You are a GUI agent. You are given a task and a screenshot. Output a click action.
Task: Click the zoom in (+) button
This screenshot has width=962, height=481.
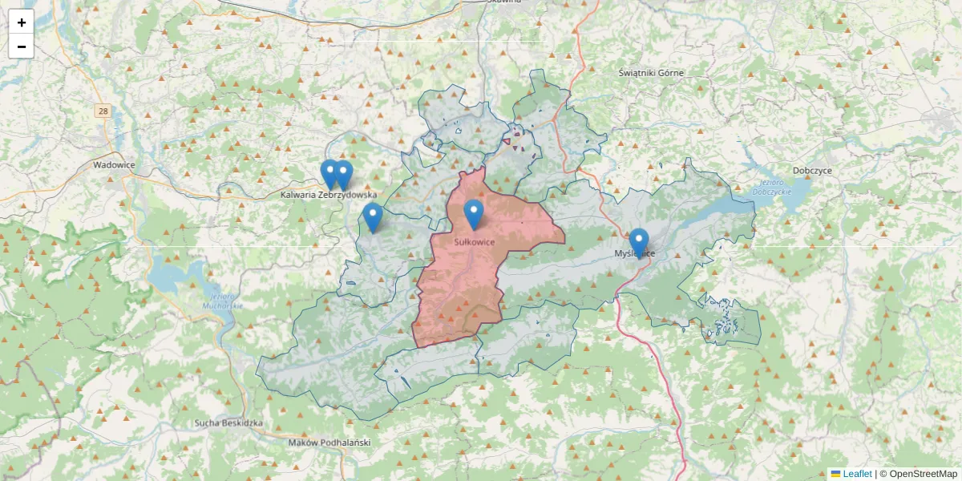coord(22,22)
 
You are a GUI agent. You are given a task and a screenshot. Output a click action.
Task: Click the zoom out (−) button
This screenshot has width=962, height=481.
coord(22,46)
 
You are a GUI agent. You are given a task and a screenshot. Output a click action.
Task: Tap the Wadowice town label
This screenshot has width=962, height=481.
coord(114,164)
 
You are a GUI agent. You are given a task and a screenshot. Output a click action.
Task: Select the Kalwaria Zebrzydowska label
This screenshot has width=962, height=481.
coord(328,195)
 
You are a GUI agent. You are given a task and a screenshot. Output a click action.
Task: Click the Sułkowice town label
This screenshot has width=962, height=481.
coord(474,241)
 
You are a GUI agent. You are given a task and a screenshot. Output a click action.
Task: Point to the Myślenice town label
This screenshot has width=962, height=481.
coord(634,253)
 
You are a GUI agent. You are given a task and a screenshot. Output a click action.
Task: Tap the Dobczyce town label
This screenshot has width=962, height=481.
coord(812,171)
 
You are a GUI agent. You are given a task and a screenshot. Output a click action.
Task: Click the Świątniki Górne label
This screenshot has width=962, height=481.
coord(651,73)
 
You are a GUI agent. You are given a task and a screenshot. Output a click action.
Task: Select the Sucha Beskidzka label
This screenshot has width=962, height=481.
coord(228,422)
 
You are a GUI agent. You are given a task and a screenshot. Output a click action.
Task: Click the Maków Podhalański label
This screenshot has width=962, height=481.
coord(329,443)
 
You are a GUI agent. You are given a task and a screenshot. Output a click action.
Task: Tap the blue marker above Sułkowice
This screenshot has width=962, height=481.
coord(474,214)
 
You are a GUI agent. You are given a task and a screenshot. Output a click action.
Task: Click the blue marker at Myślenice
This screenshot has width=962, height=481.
coord(639,243)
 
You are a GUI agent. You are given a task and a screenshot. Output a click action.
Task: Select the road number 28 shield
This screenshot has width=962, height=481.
coord(102,111)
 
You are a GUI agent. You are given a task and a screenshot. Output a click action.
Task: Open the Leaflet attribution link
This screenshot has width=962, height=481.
coord(857,474)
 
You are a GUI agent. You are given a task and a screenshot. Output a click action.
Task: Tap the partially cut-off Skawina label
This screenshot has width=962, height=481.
coord(504,2)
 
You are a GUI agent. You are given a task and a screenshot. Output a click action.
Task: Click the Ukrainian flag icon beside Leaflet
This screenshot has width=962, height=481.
coord(835,474)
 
